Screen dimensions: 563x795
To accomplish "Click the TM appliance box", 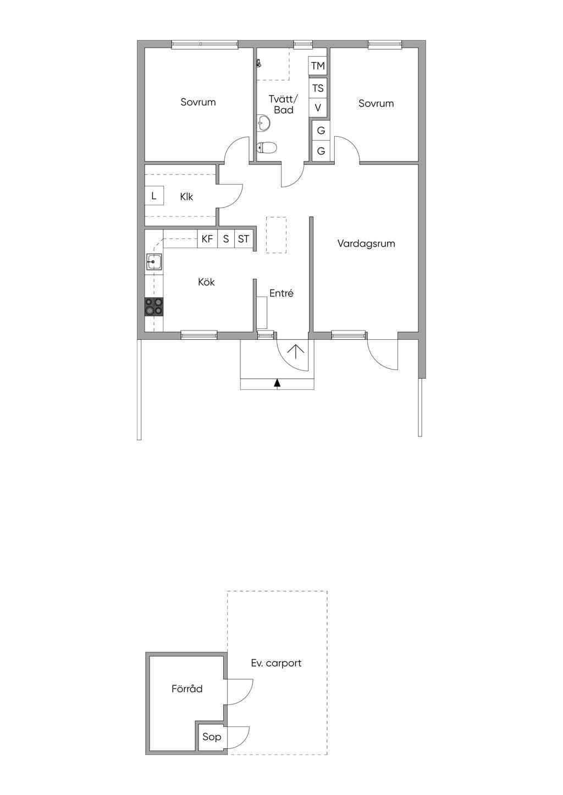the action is click(317, 66).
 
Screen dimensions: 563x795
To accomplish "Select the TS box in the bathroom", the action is click(317, 88).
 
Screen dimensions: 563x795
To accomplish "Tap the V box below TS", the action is click(317, 108).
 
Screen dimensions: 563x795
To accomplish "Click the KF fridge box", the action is click(207, 238).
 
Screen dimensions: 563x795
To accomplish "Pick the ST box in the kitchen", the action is click(244, 238).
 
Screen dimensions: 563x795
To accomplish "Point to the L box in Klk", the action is click(154, 195).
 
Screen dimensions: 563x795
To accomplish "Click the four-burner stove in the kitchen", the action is click(154, 307).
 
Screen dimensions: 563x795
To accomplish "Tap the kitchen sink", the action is click(154, 262).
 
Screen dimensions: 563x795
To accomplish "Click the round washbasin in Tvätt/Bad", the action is click(263, 123).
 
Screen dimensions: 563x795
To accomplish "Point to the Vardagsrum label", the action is click(366, 243).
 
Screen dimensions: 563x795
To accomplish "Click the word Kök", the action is click(206, 282).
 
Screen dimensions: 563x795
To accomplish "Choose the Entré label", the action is click(281, 293).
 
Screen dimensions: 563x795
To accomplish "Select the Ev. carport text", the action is click(276, 663).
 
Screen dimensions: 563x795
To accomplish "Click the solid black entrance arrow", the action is click(277, 383).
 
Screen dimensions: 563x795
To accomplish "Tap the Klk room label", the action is click(186, 197).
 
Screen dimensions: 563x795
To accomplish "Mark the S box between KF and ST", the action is click(226, 238).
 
